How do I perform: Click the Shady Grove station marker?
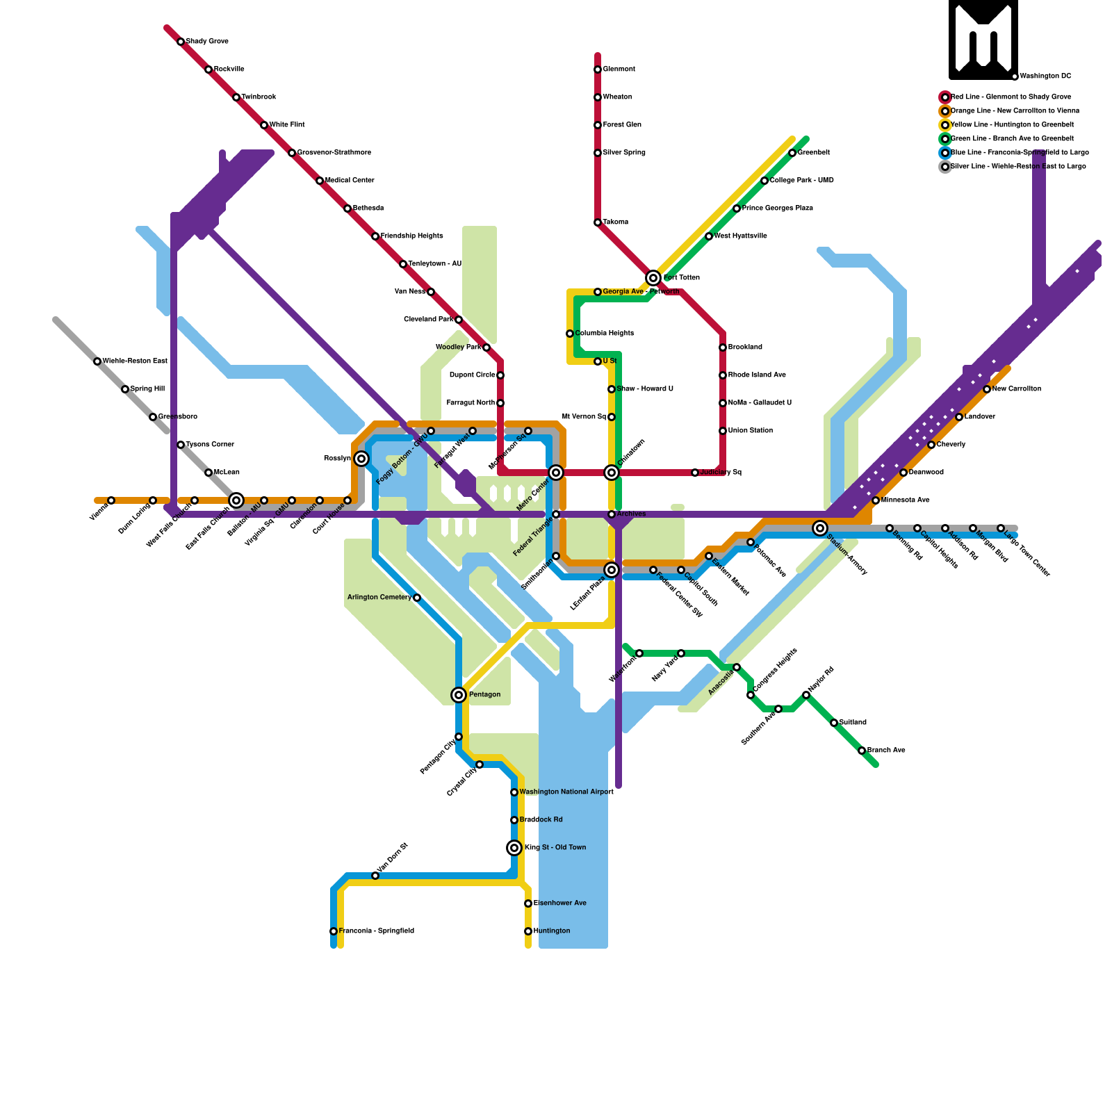181,42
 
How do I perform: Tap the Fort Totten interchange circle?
653,278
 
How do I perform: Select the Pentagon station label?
484,695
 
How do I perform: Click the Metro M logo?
983,40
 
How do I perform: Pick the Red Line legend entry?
1011,97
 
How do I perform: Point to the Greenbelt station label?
813,153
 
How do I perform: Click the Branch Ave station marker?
862,751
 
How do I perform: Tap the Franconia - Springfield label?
376,931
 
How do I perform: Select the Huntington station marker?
528,931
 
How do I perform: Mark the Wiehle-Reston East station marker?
97,361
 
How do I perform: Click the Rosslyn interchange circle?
361,459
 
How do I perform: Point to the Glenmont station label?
619,69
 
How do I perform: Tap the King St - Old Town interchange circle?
514,848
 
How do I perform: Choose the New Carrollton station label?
1016,389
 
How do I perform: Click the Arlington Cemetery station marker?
417,598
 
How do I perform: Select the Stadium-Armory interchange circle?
820,528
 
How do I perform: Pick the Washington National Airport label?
566,792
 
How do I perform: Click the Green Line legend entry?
1011,139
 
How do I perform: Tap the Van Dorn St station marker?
375,876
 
